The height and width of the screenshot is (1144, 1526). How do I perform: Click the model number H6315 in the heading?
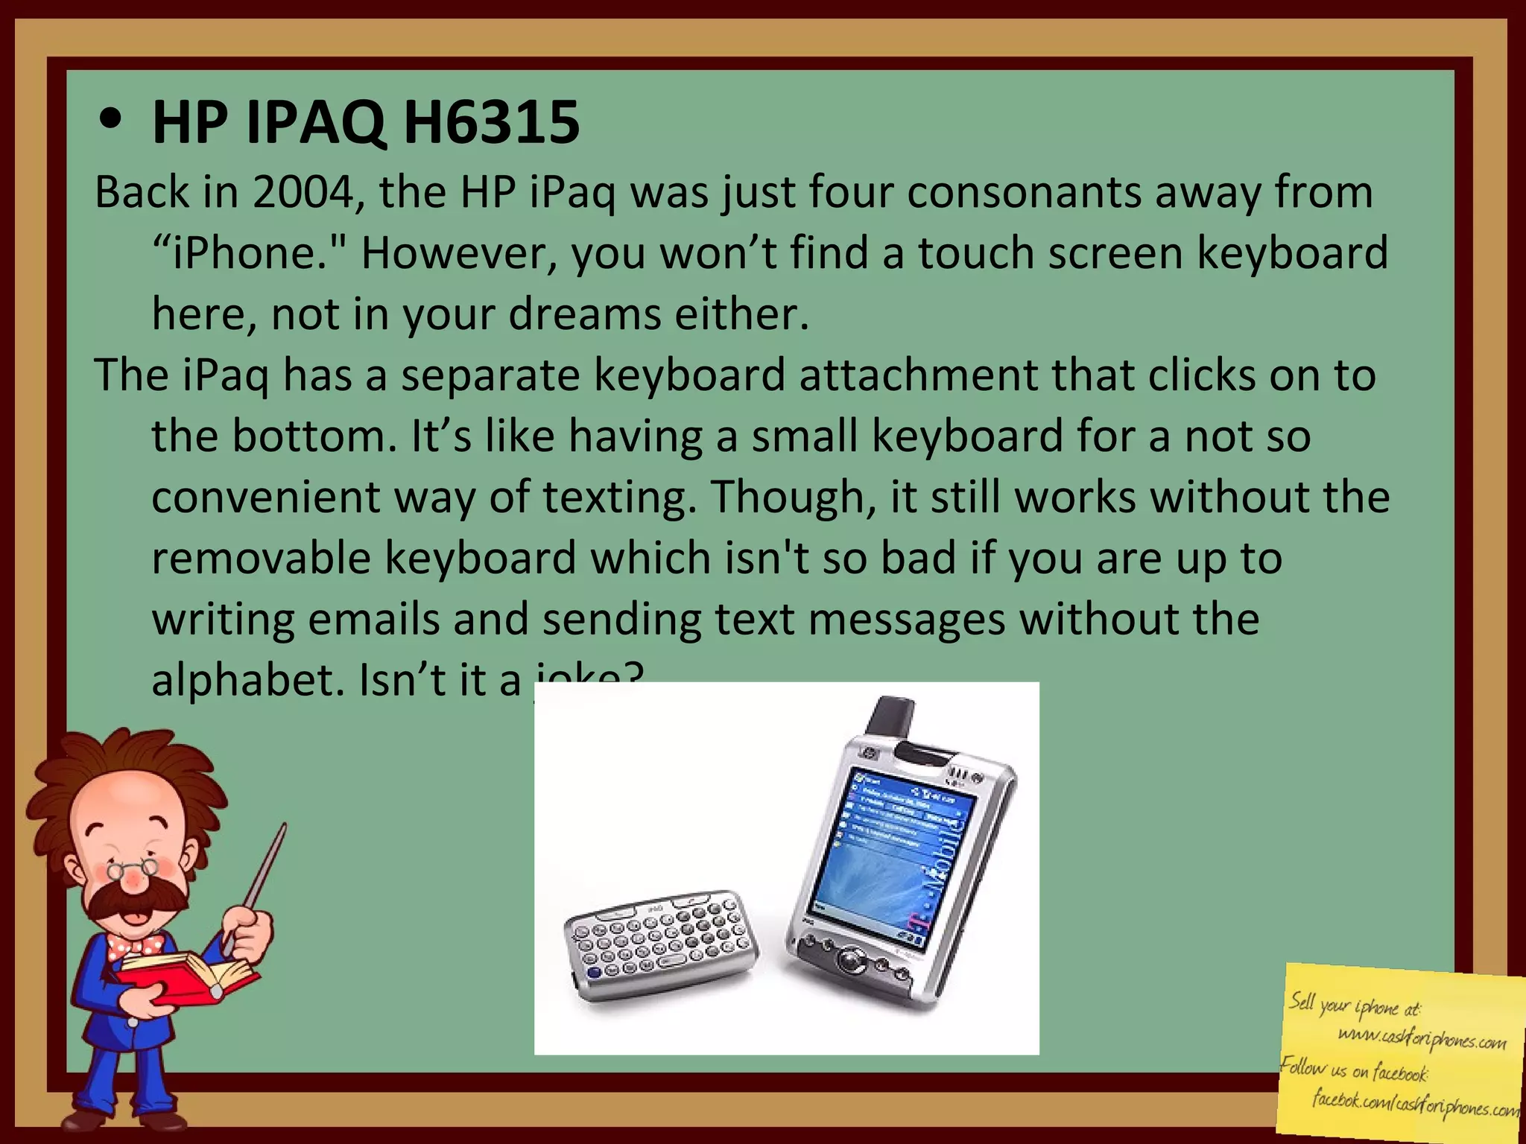[x=491, y=123]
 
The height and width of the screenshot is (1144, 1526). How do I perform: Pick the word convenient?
[x=265, y=498]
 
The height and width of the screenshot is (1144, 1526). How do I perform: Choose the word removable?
[x=261, y=559]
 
